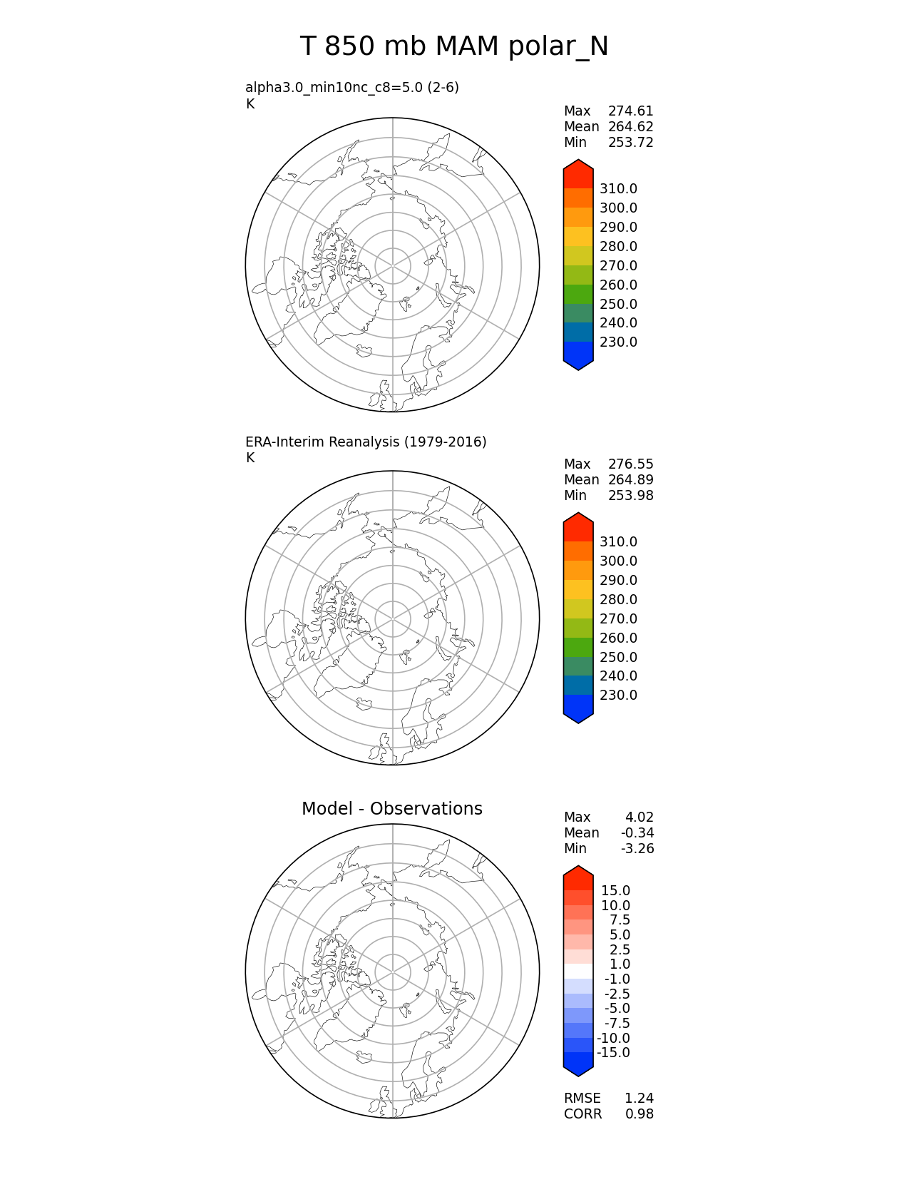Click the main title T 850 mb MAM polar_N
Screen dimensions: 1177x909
click(x=454, y=47)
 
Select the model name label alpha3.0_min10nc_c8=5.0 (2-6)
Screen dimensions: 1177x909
click(x=352, y=88)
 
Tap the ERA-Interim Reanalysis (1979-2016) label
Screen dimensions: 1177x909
click(x=366, y=442)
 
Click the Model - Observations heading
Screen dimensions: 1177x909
click(x=391, y=809)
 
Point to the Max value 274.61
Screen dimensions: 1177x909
click(x=630, y=111)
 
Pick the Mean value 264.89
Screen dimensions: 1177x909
click(x=630, y=480)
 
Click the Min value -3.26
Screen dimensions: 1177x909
click(x=639, y=849)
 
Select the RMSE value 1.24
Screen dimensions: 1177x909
click(x=639, y=1099)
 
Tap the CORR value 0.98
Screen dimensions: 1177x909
click(x=639, y=1114)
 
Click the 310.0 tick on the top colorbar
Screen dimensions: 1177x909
click(x=618, y=189)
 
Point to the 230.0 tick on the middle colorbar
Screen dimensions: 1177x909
click(x=618, y=695)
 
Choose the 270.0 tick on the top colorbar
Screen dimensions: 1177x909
click(x=618, y=266)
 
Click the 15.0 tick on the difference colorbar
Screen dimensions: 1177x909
click(x=615, y=891)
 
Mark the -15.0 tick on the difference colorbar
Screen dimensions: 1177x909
click(x=613, y=1053)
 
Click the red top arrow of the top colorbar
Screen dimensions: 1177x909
click(x=578, y=173)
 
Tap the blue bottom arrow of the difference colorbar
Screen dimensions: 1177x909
click(x=578, y=1064)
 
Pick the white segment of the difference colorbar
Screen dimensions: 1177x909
click(x=578, y=972)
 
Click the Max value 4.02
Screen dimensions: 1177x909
click(x=639, y=817)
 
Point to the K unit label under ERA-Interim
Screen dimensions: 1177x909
click(x=250, y=458)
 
